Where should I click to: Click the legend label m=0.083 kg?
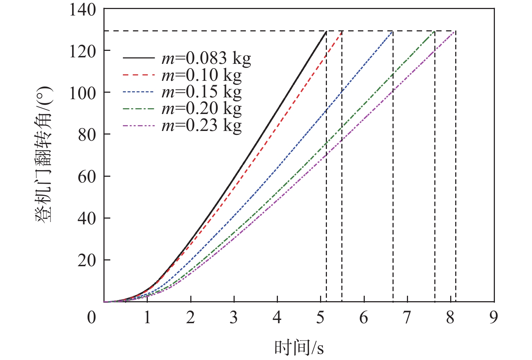point(206,58)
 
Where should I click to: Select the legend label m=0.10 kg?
point(201,75)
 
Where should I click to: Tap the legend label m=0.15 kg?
point(201,92)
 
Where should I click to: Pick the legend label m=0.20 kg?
point(201,109)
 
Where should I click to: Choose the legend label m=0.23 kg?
point(201,125)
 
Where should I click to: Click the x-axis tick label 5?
point(320,317)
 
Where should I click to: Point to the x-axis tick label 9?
point(494,317)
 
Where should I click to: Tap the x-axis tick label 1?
point(147,317)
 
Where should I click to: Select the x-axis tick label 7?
point(407,317)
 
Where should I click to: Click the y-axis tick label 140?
point(83,10)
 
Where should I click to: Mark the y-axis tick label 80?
point(87,135)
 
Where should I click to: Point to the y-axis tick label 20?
point(87,260)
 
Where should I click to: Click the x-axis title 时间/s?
point(299,348)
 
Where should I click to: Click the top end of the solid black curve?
point(326,31)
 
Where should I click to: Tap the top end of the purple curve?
point(456,31)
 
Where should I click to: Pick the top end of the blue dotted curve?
point(393,31)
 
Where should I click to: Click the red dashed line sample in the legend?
point(139,75)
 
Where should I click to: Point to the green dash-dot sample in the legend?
point(139,109)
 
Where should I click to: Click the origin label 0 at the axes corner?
point(92,317)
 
